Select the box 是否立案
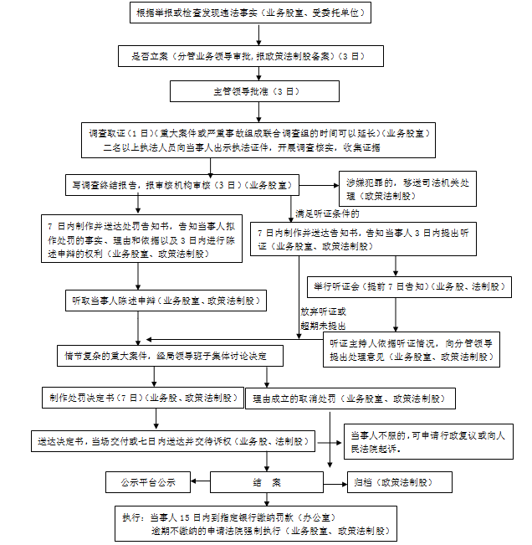[x=252, y=57]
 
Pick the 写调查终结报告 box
[x=182, y=184]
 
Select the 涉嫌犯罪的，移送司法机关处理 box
[x=396, y=189]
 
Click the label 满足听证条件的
[x=333, y=214]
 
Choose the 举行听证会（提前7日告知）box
[x=409, y=286]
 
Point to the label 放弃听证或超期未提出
[x=323, y=318]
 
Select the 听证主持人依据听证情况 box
[x=411, y=350]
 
